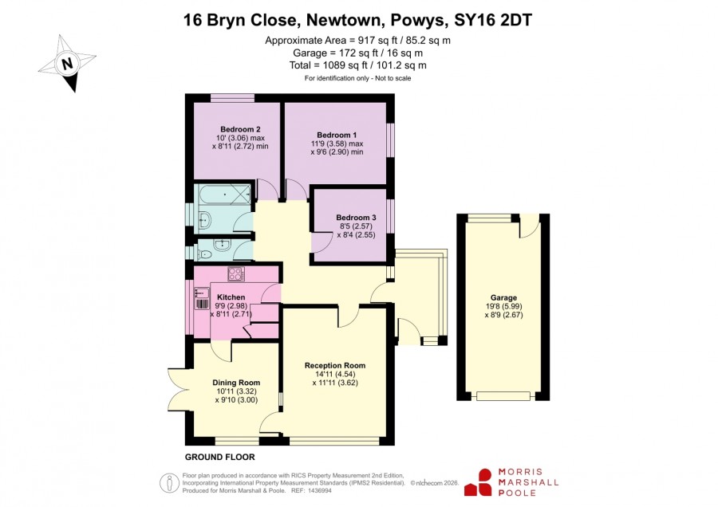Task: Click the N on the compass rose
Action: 67,63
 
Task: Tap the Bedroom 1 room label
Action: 337,135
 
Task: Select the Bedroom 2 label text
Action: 240,129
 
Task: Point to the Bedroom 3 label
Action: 356,218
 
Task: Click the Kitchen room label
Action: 231,297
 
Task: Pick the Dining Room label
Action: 236,383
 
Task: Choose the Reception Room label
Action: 335,366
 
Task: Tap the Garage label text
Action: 503,298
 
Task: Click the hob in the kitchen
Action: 236,273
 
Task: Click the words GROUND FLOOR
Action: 220,457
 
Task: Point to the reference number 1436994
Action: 321,490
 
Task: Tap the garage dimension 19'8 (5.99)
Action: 503,307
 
